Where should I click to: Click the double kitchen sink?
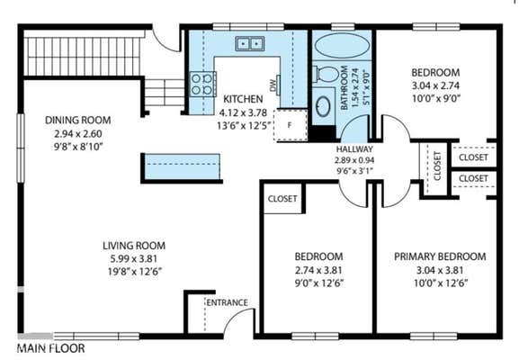click(249, 44)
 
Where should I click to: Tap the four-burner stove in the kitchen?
click(202, 84)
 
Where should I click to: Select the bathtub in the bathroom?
click(342, 45)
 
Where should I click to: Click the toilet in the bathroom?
click(326, 74)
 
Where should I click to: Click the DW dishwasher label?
click(273, 85)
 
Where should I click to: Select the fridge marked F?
click(291, 125)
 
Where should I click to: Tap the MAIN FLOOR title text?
click(51, 348)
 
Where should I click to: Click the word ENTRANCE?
click(227, 302)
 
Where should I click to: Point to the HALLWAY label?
click(354, 149)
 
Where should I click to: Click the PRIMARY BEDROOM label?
click(440, 256)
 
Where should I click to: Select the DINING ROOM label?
click(77, 120)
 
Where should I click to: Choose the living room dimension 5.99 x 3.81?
click(134, 258)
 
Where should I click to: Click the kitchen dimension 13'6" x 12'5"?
click(244, 126)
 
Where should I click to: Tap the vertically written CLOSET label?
click(437, 166)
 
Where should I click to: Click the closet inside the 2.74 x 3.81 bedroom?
click(282, 198)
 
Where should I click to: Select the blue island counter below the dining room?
click(182, 166)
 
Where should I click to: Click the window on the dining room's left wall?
click(21, 148)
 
